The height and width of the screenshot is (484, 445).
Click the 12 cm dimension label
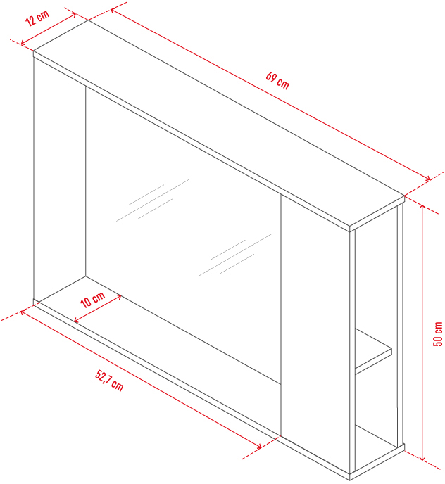pyautogui.click(x=37, y=18)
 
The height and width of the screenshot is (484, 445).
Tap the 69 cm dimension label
pyautogui.click(x=277, y=81)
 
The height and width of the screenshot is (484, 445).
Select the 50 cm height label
pyautogui.click(x=437, y=334)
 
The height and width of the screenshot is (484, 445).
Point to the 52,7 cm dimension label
pyautogui.click(x=109, y=381)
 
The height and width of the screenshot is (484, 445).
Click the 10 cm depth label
pyautogui.click(x=93, y=300)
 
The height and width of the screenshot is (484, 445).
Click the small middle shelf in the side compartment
pyautogui.click(x=373, y=352)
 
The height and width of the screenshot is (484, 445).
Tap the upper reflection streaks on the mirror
pyautogui.click(x=153, y=200)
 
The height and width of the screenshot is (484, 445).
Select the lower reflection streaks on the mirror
pyautogui.click(x=235, y=255)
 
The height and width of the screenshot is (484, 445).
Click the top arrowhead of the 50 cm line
pyautogui.click(x=422, y=207)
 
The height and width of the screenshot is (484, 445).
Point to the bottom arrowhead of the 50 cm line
pyautogui.click(x=422, y=458)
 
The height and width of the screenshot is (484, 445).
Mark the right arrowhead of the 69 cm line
pyautogui.click(x=427, y=178)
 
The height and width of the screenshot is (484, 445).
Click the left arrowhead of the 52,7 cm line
pyautogui.click(x=23, y=312)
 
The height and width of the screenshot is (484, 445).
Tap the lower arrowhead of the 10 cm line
pyautogui.click(x=77, y=320)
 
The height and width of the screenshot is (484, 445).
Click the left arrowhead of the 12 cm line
pyautogui.click(x=23, y=43)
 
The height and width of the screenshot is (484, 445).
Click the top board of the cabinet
pyautogui.click(x=219, y=124)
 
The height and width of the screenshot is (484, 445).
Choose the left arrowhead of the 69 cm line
pyautogui.click(x=114, y=11)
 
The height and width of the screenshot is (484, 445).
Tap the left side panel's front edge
pyautogui.click(x=37, y=179)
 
